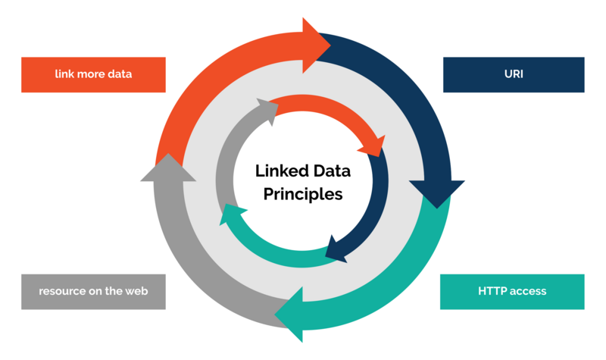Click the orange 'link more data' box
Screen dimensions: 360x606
tap(93, 74)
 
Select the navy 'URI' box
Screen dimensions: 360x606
tap(513, 74)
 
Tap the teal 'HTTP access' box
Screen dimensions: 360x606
tap(512, 291)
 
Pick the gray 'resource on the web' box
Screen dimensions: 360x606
tap(93, 291)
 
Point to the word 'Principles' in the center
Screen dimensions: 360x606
tap(303, 194)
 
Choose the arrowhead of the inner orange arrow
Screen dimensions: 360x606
tap(373, 144)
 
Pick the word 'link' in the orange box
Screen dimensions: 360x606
tap(64, 74)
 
